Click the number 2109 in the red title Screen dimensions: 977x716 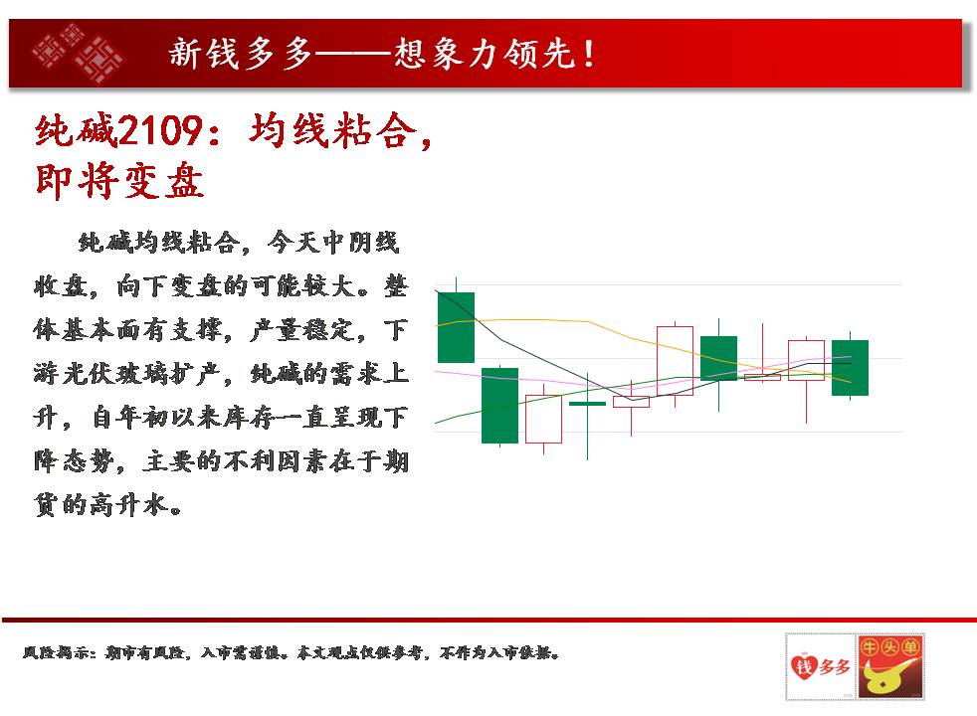click(159, 130)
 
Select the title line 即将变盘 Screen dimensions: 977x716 click(119, 181)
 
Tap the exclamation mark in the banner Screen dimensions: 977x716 click(589, 53)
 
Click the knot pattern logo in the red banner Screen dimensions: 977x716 click(78, 53)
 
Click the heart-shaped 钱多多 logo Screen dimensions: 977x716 click(821, 666)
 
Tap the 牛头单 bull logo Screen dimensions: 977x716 click(890, 666)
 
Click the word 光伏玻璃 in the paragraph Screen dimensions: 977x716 click(127, 374)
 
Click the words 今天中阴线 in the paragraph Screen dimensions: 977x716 click(333, 243)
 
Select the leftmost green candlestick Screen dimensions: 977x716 click(456, 327)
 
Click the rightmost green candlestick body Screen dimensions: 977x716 click(850, 367)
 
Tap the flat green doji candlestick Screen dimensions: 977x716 click(588, 404)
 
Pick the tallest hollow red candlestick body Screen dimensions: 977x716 click(675, 361)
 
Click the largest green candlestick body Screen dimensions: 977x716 click(499, 406)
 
